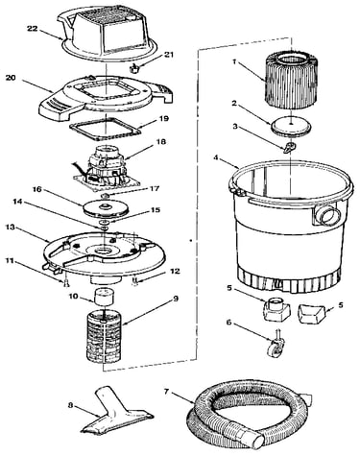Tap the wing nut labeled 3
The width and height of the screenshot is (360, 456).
[289, 147]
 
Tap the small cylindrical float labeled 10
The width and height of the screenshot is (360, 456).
[105, 297]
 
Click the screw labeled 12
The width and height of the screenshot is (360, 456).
[134, 282]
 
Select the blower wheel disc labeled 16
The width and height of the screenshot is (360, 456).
[105, 208]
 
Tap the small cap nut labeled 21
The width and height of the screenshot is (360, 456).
[133, 68]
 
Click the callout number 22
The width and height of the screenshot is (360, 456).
[32, 29]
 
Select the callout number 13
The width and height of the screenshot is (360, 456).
[11, 227]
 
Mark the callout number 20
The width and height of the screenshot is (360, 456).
[11, 78]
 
